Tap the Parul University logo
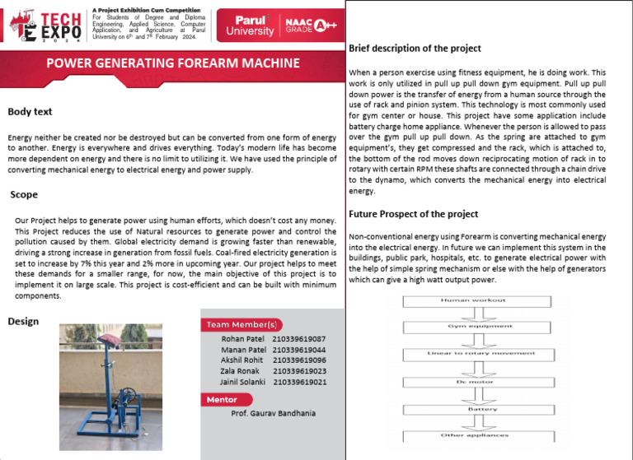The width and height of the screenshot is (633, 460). pos(251,25)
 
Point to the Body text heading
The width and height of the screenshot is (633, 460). pos(30,111)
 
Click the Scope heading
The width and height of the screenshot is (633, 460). pos(24,195)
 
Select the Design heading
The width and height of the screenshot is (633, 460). pos(23,321)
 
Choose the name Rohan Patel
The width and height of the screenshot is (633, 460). pos(243,339)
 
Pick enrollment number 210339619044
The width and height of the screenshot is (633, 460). pos(299,350)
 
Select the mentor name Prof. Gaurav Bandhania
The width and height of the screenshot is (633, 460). pos(273,413)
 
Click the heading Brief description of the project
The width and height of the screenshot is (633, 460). pos(415,49)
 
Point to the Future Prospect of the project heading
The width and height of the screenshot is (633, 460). pos(413,214)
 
